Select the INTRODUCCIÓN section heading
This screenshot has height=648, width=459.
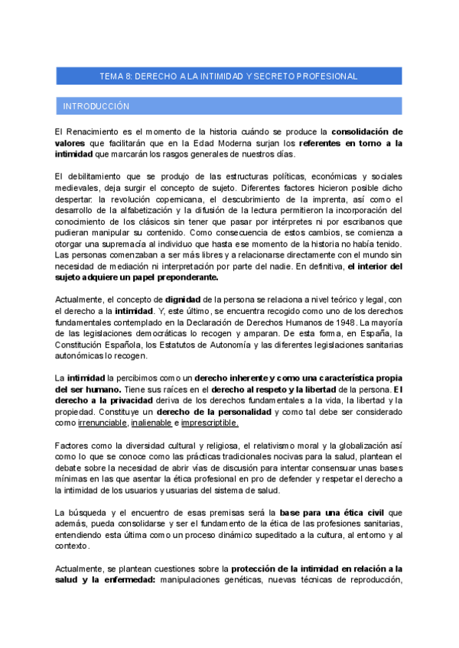pyautogui.click(x=96, y=106)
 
